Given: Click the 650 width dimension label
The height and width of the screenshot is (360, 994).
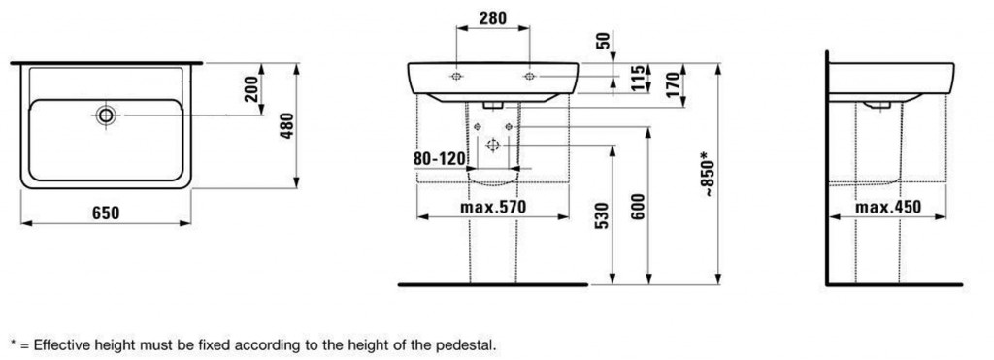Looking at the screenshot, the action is click(106, 213).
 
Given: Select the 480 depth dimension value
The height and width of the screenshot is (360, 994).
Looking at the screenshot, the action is click(287, 126).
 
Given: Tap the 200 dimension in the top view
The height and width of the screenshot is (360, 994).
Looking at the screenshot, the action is click(251, 88).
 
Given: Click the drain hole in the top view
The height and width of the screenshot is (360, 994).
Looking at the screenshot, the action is click(106, 115).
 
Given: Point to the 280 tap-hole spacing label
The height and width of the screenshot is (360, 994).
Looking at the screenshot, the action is click(492, 18).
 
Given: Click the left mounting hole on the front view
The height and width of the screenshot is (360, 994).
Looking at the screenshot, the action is click(456, 77).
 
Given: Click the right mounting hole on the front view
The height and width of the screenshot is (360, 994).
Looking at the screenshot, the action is click(529, 77).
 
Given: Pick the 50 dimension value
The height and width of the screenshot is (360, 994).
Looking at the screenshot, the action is click(604, 41).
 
